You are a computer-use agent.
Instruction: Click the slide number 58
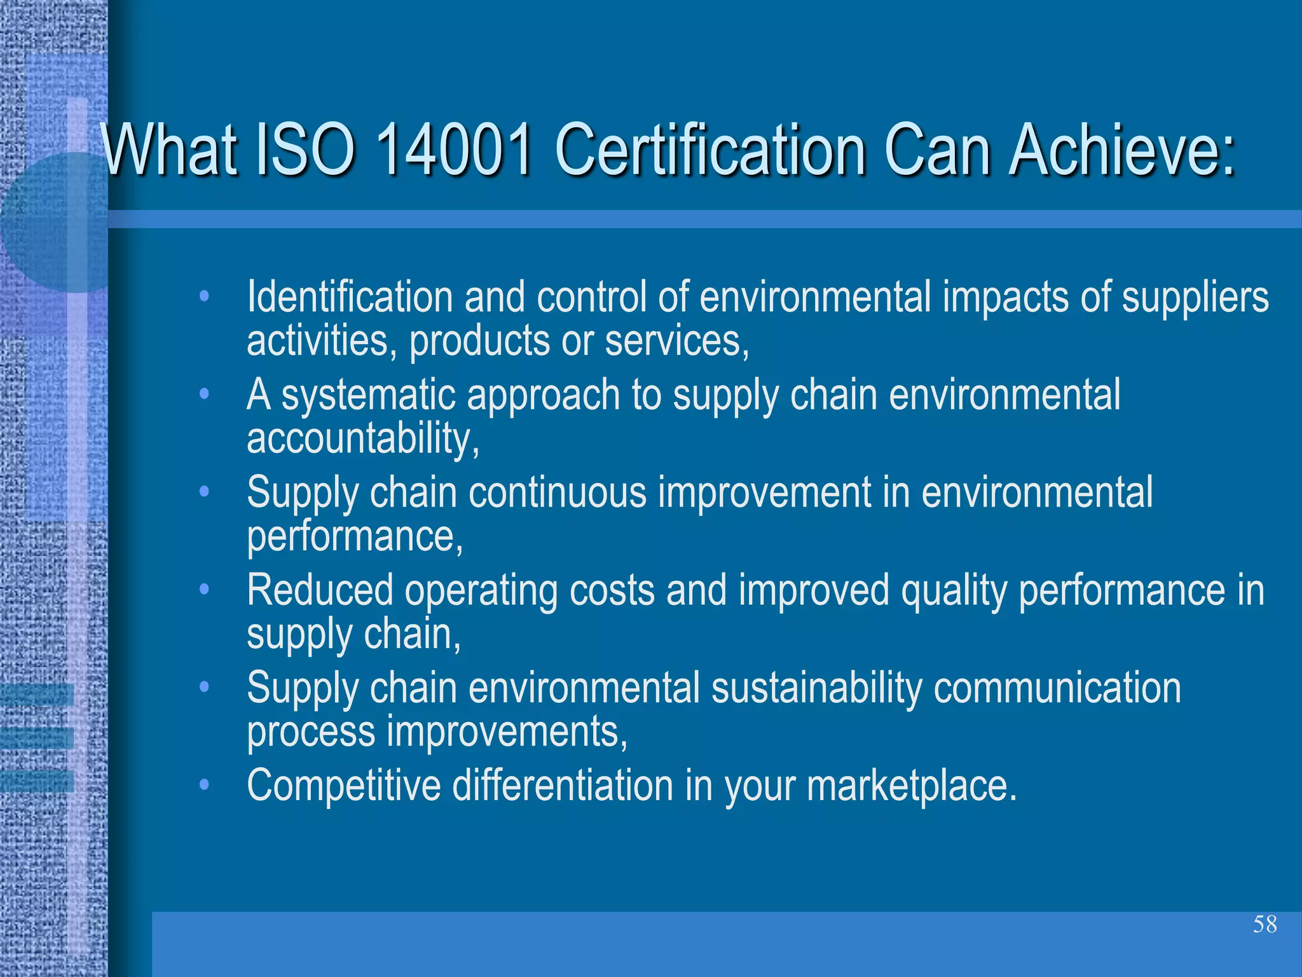[1264, 924]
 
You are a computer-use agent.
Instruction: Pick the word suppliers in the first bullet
[1195, 298]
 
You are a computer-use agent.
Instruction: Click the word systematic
[369, 396]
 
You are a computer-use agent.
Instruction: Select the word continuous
[558, 493]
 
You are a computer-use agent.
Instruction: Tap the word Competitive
[343, 786]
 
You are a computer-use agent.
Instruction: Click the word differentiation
[563, 786]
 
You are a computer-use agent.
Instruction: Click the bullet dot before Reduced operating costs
[204, 590]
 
